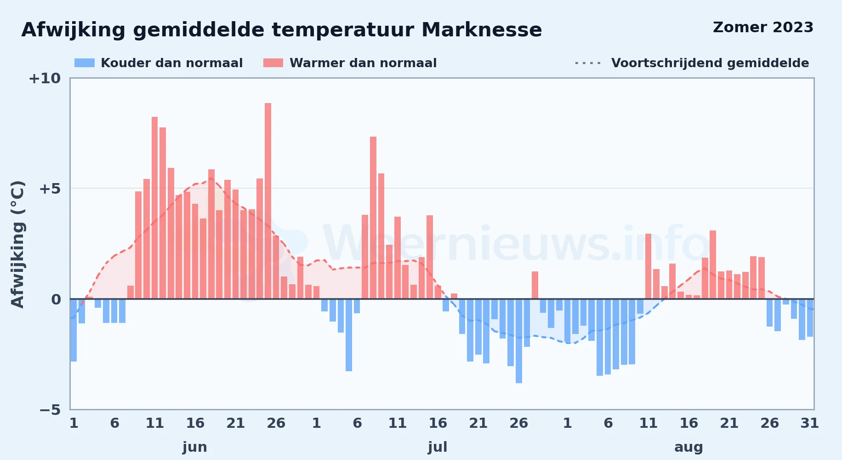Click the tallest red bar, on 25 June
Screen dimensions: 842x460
pyautogui.click(x=268, y=201)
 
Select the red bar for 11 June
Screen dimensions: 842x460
pyautogui.click(x=155, y=208)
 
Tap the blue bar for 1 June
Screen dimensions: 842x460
pyautogui.click(x=74, y=330)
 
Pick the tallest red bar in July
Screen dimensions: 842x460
pyautogui.click(x=373, y=218)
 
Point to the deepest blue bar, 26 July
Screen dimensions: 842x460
pyautogui.click(x=519, y=341)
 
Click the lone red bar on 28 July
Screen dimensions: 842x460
pyautogui.click(x=535, y=285)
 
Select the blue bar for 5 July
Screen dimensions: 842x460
pyautogui.click(x=349, y=335)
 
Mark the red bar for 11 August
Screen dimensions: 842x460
pyautogui.click(x=649, y=266)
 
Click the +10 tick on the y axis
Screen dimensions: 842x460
pyautogui.click(x=45, y=79)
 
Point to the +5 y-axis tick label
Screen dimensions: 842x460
pyautogui.click(x=50, y=189)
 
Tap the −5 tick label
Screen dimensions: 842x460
pyautogui.click(x=50, y=410)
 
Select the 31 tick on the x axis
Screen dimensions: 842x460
pyautogui.click(x=810, y=423)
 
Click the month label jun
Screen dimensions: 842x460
pyautogui.click(x=195, y=447)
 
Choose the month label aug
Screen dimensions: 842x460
pyautogui.click(x=688, y=447)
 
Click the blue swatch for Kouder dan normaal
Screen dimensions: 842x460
pyautogui.click(x=85, y=63)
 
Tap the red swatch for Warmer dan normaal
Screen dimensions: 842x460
pyautogui.click(x=273, y=63)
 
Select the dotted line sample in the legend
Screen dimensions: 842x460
pyautogui.click(x=588, y=63)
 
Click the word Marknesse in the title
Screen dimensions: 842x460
pyautogui.click(x=482, y=30)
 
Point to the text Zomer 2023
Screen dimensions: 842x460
pyautogui.click(x=763, y=28)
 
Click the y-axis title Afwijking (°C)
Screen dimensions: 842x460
pyautogui.click(x=17, y=244)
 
